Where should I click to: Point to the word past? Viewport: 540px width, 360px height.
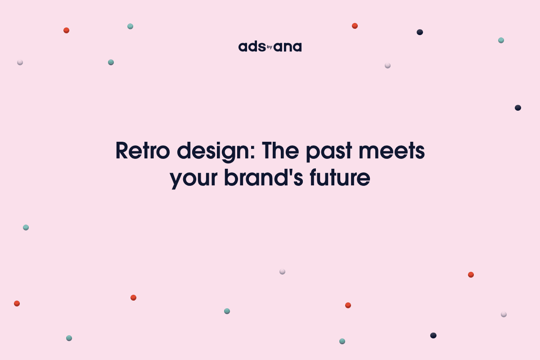point(333,152)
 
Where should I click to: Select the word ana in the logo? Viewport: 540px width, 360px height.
point(288,47)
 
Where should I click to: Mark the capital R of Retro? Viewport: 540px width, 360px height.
point(122,151)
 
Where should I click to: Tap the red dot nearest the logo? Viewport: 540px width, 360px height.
point(355,26)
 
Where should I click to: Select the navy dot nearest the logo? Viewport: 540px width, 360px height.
point(420,32)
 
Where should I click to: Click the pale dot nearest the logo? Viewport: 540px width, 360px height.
point(387,65)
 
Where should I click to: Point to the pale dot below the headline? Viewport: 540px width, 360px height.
point(282,271)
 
